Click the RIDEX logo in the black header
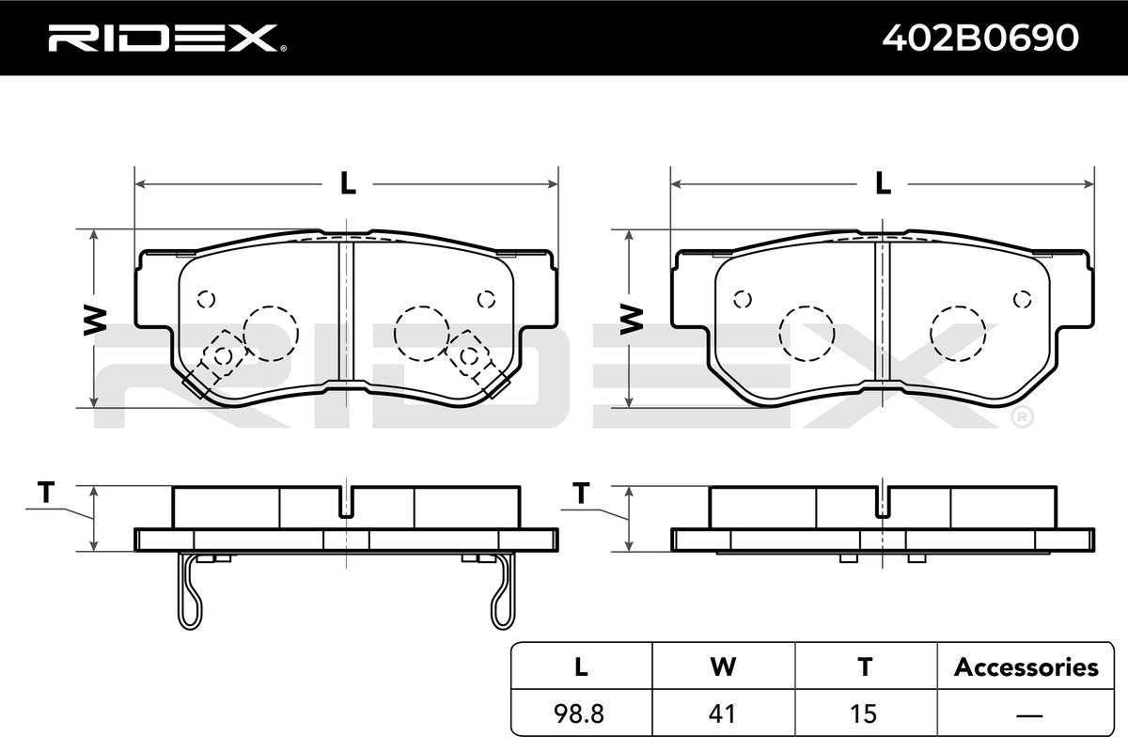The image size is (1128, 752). click(167, 39)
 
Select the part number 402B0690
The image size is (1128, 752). click(980, 39)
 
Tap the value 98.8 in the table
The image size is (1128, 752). click(579, 713)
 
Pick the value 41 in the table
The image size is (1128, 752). click(722, 713)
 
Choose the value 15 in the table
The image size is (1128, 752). click(863, 713)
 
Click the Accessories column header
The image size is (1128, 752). click(1026, 667)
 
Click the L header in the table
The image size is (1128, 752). click(581, 666)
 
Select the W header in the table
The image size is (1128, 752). click(723, 666)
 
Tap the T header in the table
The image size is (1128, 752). click(865, 666)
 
